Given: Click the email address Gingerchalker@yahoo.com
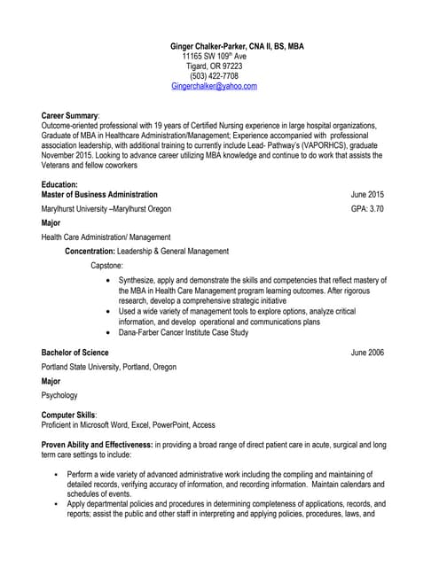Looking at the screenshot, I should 214,86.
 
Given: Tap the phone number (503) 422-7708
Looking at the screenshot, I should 214,76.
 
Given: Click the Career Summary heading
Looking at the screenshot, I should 70,115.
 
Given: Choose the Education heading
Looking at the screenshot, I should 59,184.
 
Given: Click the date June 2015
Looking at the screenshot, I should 367,194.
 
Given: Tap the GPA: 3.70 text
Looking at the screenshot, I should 367,209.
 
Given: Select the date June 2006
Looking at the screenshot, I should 367,353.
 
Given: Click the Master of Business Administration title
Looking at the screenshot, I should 99,194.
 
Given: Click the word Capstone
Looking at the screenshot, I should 107,265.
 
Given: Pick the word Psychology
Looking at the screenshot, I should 59,395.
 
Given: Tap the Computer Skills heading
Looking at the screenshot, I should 69,415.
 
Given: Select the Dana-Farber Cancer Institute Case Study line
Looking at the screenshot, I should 183,332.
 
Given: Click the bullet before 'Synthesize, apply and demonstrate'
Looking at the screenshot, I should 108,280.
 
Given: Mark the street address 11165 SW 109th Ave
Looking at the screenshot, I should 214,56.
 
